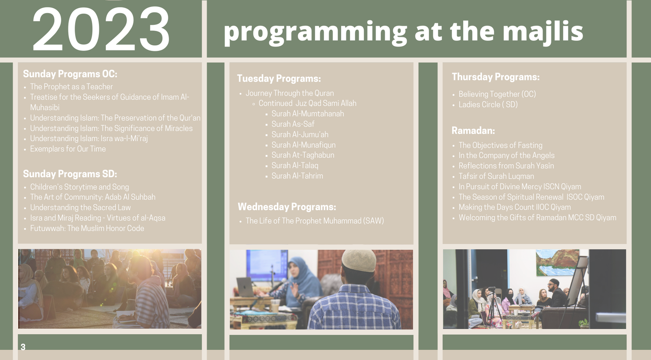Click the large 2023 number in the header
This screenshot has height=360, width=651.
tap(101, 29)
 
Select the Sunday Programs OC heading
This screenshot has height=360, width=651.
tap(70, 74)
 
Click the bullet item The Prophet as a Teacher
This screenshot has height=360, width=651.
tap(71, 87)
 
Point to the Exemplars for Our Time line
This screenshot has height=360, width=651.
tap(68, 149)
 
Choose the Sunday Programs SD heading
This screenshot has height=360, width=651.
tap(70, 174)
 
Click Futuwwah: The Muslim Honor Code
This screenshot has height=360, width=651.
tap(87, 228)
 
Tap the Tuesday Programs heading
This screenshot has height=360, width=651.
tap(279, 79)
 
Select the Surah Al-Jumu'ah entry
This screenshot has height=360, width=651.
tap(300, 135)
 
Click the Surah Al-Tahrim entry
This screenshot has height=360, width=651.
tap(297, 176)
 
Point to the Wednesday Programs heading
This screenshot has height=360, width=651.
tap(287, 207)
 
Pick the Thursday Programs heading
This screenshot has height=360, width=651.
tap(496, 77)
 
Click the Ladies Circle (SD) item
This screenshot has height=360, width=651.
tap(488, 105)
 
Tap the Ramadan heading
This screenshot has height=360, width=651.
tap(473, 131)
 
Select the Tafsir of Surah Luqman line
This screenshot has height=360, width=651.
tap(496, 176)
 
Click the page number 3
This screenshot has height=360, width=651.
tap(23, 347)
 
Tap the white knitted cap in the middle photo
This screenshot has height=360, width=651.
tap(358, 261)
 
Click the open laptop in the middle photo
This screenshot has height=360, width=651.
tap(246, 287)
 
